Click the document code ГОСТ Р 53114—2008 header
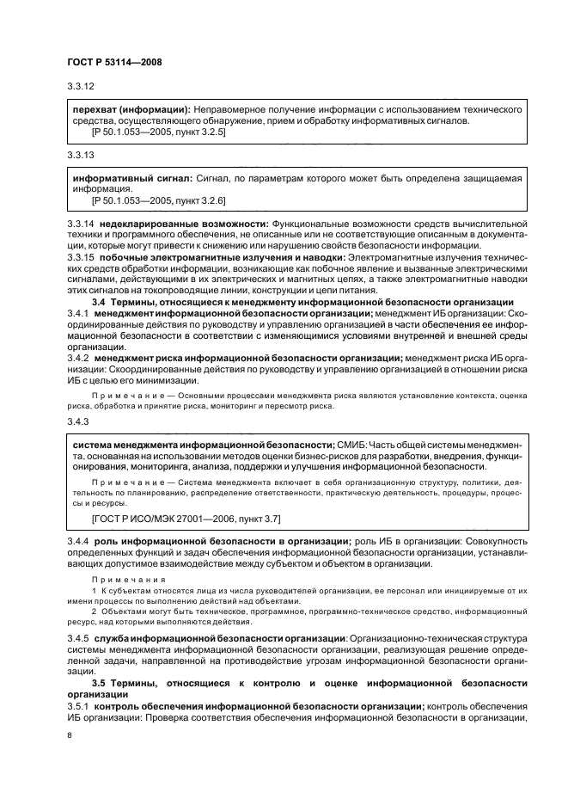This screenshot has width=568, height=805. (113, 63)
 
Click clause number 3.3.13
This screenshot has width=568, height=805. (80, 155)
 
